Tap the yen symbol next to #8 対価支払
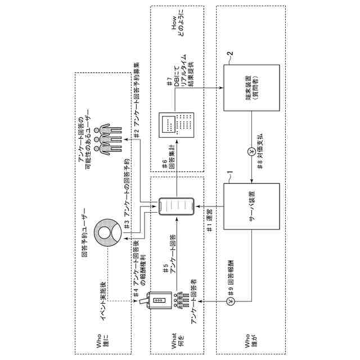click(x=251, y=152)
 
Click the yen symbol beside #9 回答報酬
click(x=230, y=303)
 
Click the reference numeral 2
click(x=229, y=54)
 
